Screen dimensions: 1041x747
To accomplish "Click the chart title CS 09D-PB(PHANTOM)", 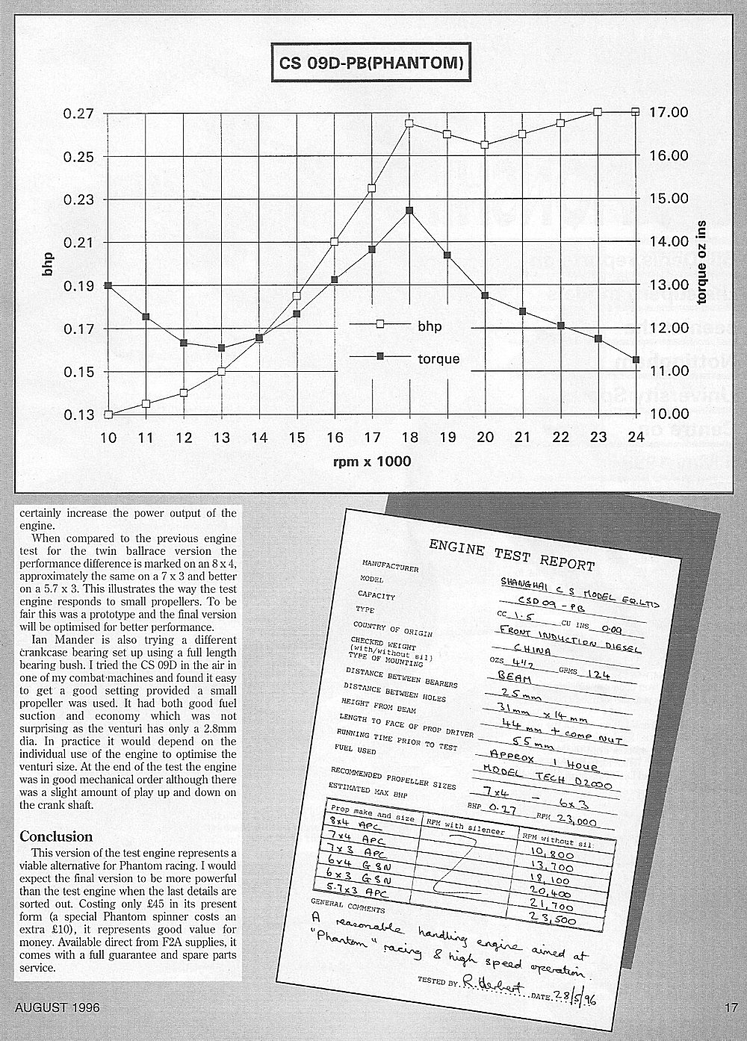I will pos(371,63).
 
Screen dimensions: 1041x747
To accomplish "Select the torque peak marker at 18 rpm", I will pos(409,211).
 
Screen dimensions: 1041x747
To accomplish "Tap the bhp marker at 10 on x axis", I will pos(108,414).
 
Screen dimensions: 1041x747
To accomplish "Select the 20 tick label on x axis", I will pos(485,438).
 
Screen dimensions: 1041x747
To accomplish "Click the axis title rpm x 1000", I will pos(372,462).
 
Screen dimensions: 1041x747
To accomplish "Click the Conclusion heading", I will pos(56,836).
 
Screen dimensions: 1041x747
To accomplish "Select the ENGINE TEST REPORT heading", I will pos(512,553).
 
